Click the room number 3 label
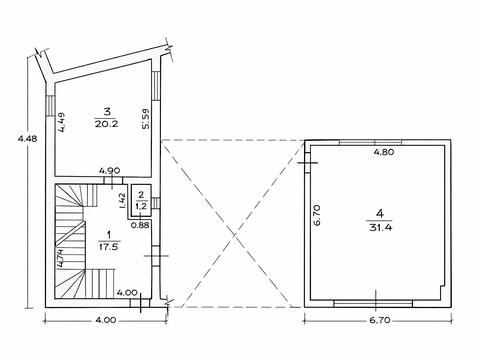[x=107, y=112]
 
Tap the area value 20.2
[x=106, y=124]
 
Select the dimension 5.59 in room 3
[x=145, y=119]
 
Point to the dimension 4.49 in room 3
[x=63, y=123]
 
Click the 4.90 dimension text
[x=110, y=171]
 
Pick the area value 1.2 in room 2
[x=141, y=206]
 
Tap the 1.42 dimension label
[x=122, y=201]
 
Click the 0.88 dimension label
[x=140, y=225]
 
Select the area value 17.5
[x=109, y=247]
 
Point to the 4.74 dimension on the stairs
[x=60, y=258]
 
